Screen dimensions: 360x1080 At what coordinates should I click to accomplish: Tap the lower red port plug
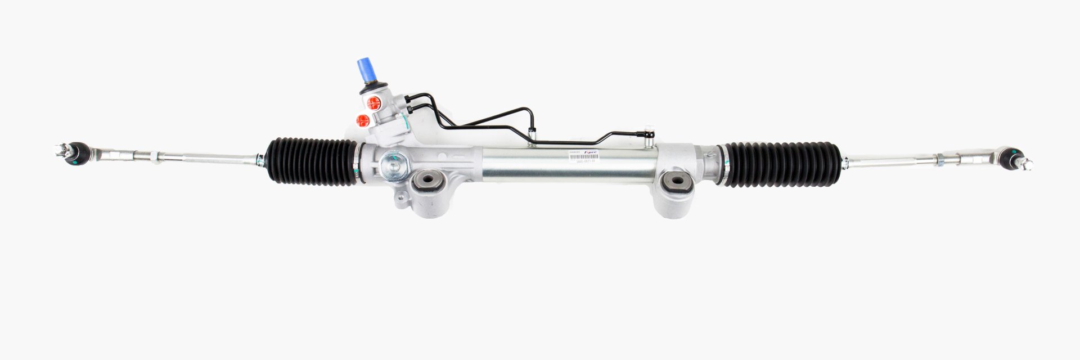363,119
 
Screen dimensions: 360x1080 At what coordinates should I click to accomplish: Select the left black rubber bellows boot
312,161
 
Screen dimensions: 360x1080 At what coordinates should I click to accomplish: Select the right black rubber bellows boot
782,164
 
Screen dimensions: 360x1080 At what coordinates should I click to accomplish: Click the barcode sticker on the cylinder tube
583,157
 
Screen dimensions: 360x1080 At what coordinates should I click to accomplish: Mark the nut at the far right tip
1027,164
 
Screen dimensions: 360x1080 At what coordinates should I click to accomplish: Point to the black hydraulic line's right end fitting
650,134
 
